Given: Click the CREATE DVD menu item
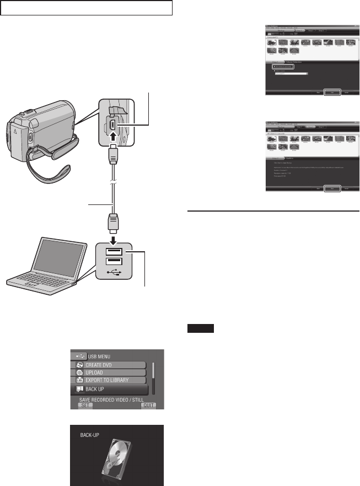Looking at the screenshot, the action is click(108, 365).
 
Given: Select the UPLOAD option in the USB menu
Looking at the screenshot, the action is click(108, 372).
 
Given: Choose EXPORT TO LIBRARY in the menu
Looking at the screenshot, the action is click(108, 380).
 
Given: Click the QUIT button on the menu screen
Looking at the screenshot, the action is click(147, 405).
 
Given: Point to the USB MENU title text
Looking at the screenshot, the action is click(99, 356).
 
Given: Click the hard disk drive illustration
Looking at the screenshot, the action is click(117, 456).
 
